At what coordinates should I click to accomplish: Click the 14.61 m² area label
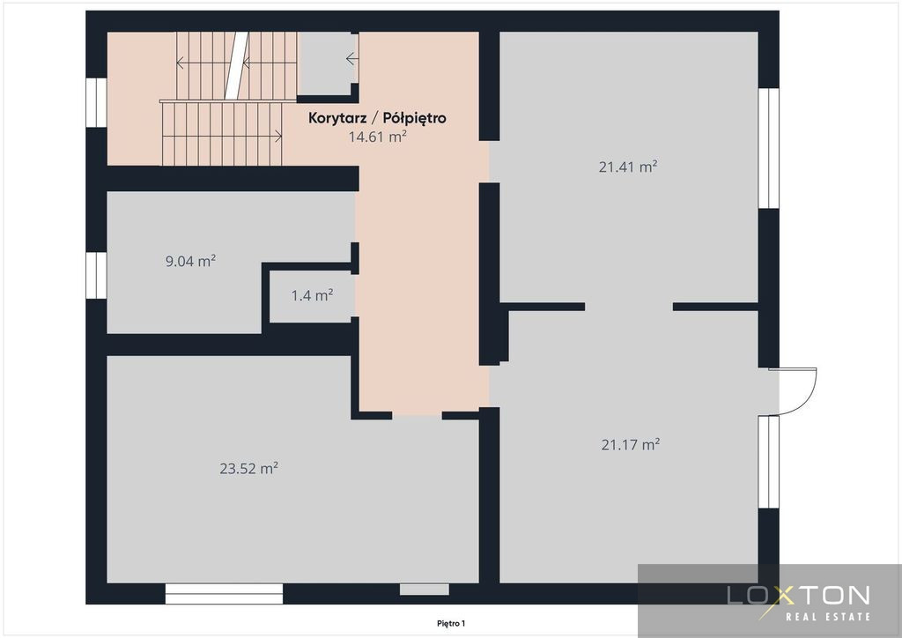(x=377, y=137)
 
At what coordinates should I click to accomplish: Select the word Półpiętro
(x=414, y=118)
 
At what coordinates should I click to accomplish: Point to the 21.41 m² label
(x=627, y=167)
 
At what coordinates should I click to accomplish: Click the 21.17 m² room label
(x=631, y=444)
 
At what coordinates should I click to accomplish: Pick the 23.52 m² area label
(x=248, y=468)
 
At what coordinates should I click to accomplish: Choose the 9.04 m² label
(x=190, y=261)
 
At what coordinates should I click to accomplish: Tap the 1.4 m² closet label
(x=312, y=296)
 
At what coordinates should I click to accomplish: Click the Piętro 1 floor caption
(x=451, y=623)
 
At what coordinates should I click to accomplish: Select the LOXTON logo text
(x=798, y=596)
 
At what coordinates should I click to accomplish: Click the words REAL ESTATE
(x=828, y=617)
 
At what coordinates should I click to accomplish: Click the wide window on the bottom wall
(x=224, y=594)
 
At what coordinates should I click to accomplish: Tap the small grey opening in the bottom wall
(x=425, y=590)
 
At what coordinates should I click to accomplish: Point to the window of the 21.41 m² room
(x=768, y=148)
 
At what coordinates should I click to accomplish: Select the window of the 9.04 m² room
(x=96, y=276)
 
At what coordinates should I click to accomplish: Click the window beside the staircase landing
(x=96, y=102)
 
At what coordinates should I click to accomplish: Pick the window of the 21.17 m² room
(x=768, y=462)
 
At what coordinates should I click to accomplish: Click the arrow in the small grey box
(x=352, y=59)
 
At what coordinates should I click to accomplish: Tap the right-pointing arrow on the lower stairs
(x=222, y=137)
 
